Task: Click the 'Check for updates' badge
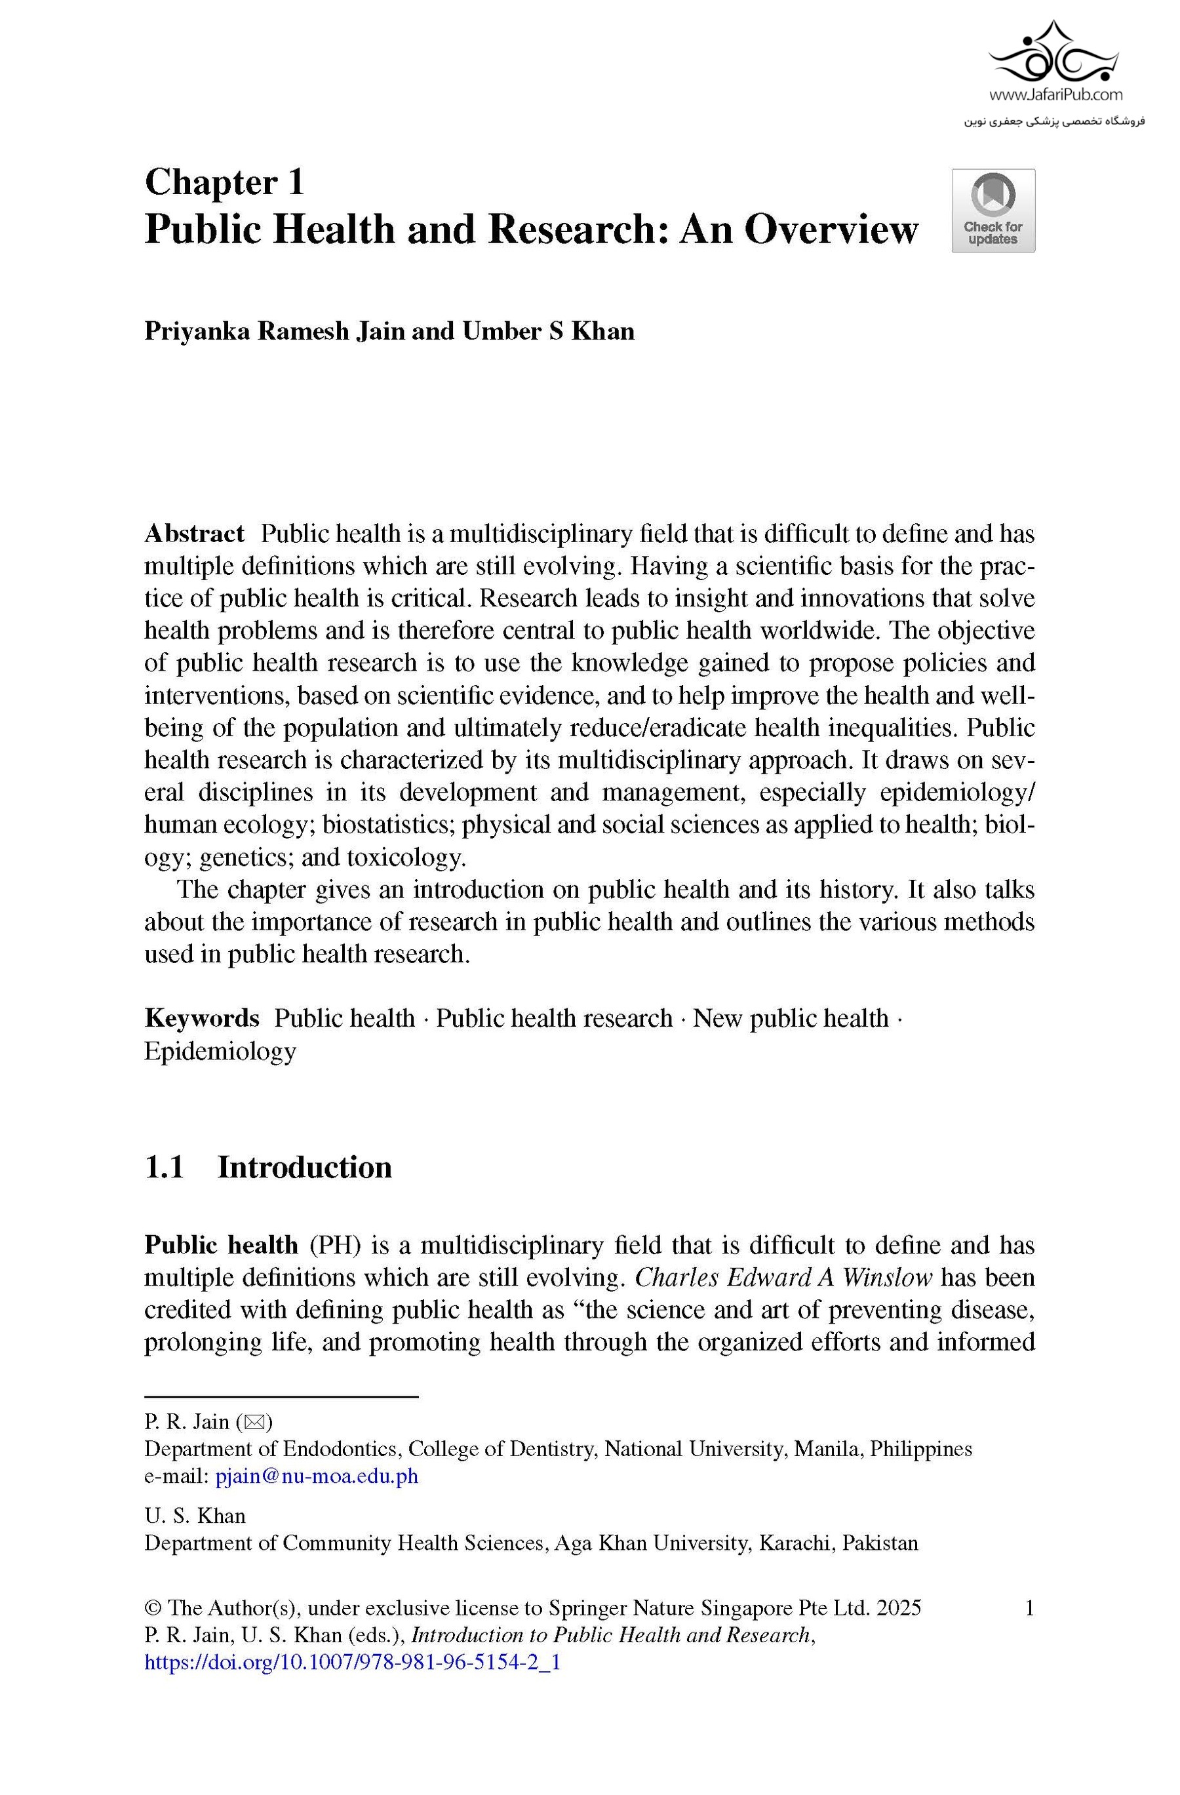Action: (x=993, y=210)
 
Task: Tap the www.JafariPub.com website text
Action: (x=1055, y=95)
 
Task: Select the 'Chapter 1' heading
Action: (x=224, y=182)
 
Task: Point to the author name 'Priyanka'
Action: (x=196, y=332)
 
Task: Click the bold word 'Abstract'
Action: (x=194, y=534)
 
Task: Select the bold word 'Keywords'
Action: (x=201, y=1018)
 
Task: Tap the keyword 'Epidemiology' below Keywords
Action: (x=220, y=1051)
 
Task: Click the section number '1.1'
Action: (x=164, y=1167)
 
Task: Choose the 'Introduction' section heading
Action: (x=305, y=1167)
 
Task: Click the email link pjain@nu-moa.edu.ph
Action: (x=317, y=1476)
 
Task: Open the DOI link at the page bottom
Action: (x=352, y=1663)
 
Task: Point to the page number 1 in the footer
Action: (x=1029, y=1608)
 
